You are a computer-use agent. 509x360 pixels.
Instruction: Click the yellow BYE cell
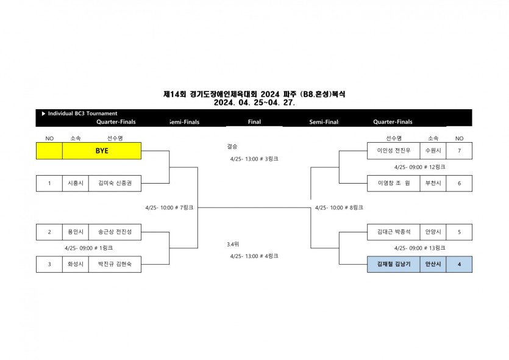pyautogui.click(x=102, y=151)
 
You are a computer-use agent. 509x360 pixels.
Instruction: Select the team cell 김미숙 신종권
pyautogui.click(x=115, y=183)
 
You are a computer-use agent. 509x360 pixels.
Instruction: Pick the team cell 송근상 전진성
pyautogui.click(x=115, y=232)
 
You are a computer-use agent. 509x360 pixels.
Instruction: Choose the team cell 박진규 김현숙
pyautogui.click(x=115, y=264)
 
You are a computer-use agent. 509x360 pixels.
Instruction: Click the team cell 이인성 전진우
pyautogui.click(x=394, y=151)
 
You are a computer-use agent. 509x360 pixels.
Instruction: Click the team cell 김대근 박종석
pyautogui.click(x=394, y=232)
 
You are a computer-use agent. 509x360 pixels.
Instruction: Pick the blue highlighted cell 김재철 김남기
pyautogui.click(x=394, y=264)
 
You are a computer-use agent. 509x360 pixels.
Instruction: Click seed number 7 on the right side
pyautogui.click(x=459, y=151)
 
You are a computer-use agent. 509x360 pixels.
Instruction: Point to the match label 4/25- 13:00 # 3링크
pyautogui.click(x=254, y=159)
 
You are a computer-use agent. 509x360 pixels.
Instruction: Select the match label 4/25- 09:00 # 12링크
pyautogui.click(x=419, y=167)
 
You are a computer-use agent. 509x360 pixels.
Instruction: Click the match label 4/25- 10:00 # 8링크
pyautogui.click(x=339, y=207)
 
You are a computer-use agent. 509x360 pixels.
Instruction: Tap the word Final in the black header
pyautogui.click(x=255, y=122)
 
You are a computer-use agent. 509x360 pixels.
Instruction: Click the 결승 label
pyautogui.click(x=232, y=146)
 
